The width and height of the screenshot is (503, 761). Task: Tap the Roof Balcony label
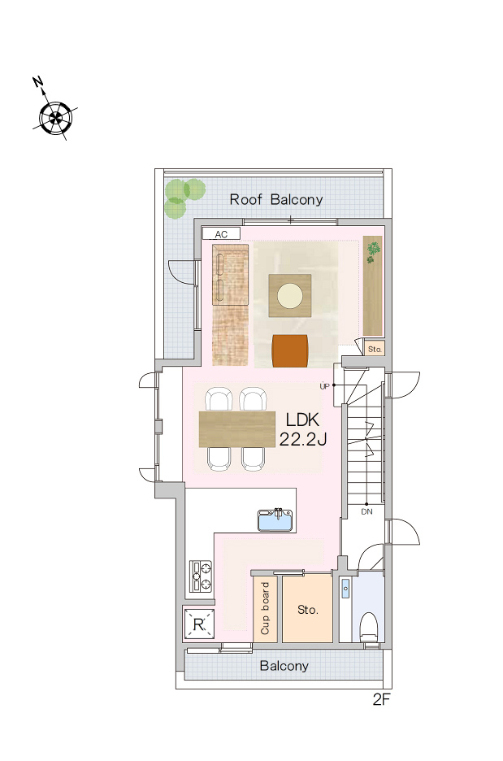276,199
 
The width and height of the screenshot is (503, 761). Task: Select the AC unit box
221,234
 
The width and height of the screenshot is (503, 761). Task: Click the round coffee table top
290,296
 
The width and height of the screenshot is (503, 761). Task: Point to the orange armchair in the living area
290,350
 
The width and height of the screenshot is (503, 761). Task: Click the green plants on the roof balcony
184,197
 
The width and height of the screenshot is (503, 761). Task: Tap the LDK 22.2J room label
302,429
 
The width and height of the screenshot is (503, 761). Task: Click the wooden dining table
237,429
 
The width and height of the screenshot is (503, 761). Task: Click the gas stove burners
201,576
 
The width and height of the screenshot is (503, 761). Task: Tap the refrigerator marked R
199,624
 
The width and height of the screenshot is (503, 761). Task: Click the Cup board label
265,608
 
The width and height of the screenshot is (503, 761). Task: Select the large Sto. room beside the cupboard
307,609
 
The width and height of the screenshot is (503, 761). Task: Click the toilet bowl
369,628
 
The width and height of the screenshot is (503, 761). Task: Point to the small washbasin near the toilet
345,589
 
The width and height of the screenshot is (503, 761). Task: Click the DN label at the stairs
366,511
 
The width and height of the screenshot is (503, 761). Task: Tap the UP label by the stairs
324,386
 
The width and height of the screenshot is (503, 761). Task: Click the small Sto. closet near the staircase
375,349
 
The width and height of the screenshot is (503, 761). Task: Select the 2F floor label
381,699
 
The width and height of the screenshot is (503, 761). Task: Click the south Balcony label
284,665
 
